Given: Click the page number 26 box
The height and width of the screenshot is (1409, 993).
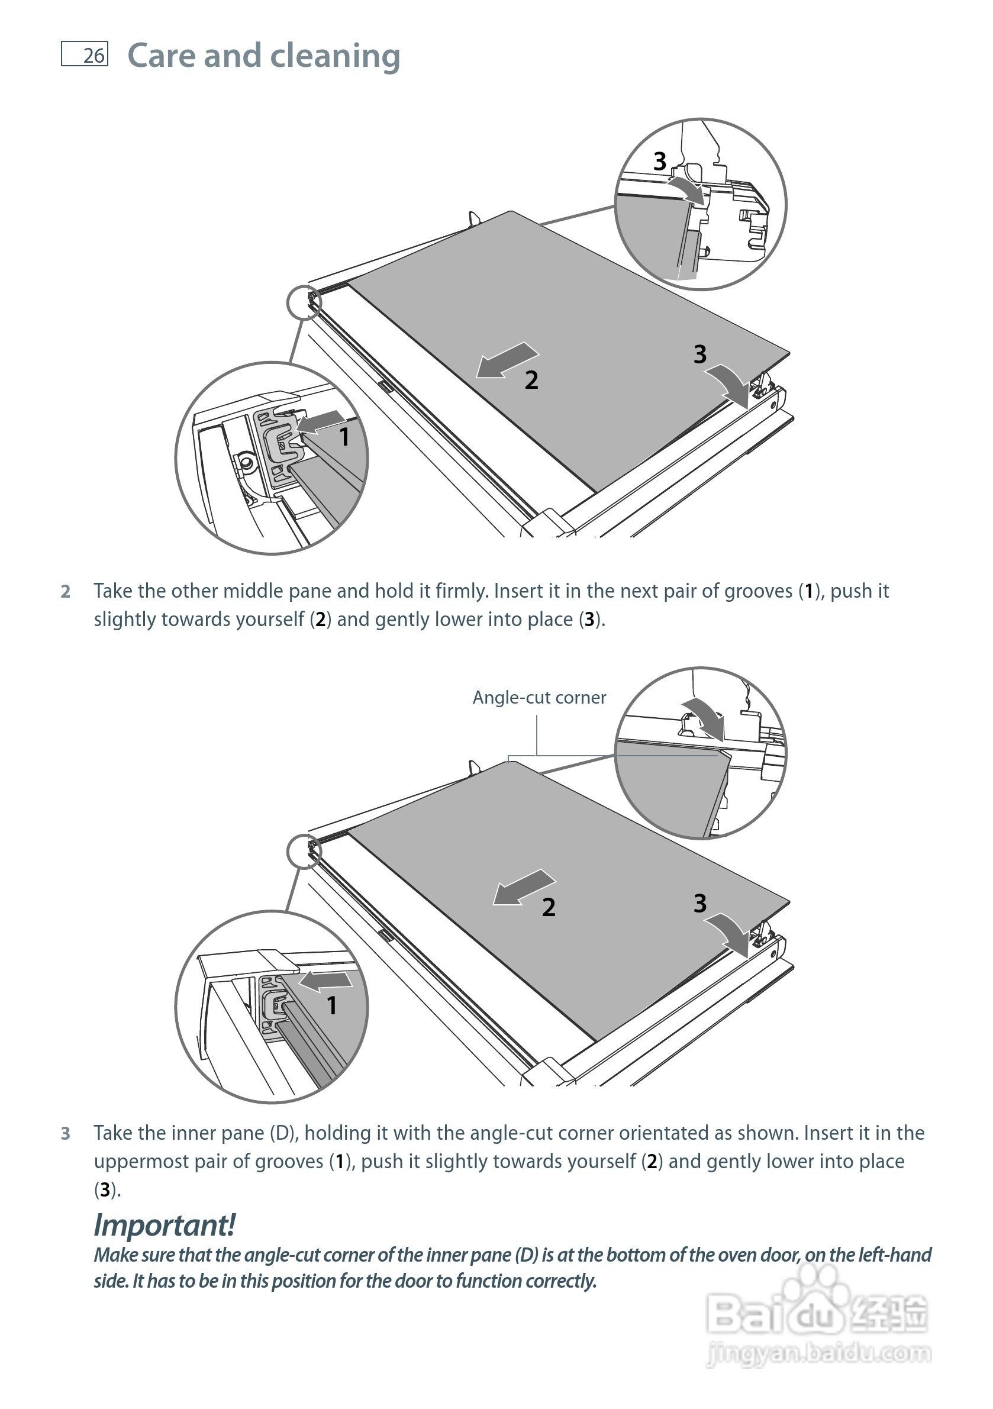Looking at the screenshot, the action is (x=85, y=54).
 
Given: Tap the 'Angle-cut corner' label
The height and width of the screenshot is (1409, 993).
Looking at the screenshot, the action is (x=539, y=698).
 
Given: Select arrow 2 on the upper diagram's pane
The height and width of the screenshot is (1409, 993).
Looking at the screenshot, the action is (x=507, y=360).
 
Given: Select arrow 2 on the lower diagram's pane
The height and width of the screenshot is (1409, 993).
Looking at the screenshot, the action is (x=523, y=888).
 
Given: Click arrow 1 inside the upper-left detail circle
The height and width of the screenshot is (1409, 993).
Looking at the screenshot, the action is (x=321, y=422).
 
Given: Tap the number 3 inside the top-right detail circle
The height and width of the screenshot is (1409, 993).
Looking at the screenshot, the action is (x=660, y=162).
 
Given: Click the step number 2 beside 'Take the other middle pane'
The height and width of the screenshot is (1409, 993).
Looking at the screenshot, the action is (x=66, y=592).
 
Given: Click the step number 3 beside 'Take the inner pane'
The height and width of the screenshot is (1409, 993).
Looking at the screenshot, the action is (x=66, y=1133).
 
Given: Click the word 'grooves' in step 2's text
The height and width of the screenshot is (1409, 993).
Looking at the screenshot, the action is (x=759, y=591).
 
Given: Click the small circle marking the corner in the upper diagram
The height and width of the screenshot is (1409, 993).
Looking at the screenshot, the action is (x=304, y=302).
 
